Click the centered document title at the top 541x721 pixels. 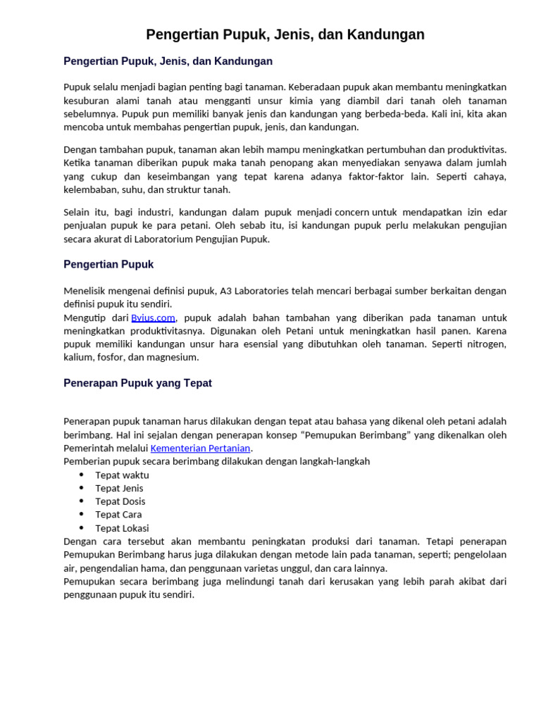pyautogui.click(x=285, y=35)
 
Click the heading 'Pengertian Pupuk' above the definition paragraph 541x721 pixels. pyautogui.click(x=108, y=265)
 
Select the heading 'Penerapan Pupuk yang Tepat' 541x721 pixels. pyautogui.click(x=137, y=384)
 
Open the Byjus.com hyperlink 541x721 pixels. pyautogui.click(x=153, y=318)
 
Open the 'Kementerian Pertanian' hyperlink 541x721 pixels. pyautogui.click(x=200, y=449)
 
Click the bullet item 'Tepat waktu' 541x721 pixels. pyautogui.click(x=122, y=475)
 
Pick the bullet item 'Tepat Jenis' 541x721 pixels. pyautogui.click(x=119, y=488)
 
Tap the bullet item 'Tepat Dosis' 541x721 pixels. pyautogui.click(x=120, y=501)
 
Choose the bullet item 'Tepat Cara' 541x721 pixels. pyautogui.click(x=118, y=515)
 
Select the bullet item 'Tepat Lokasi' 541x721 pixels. pyautogui.click(x=122, y=528)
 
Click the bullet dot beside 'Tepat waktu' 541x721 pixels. pyautogui.click(x=82, y=475)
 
